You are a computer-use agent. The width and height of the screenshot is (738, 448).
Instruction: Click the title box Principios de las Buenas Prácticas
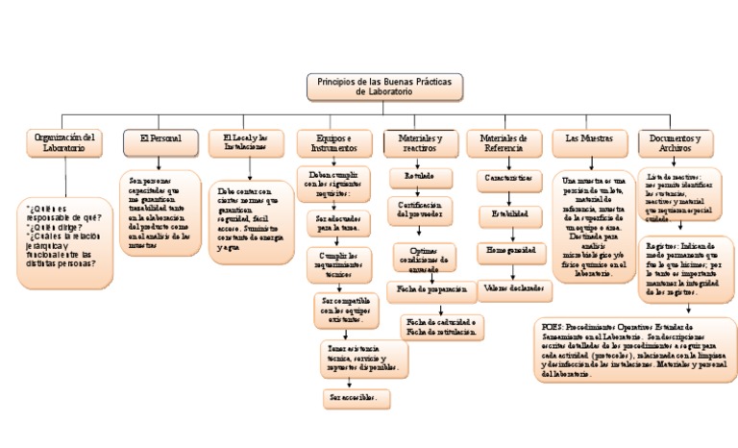(x=383, y=87)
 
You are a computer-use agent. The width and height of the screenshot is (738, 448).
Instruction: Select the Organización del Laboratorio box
(x=62, y=142)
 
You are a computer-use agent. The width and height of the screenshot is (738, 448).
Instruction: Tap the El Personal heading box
(x=160, y=141)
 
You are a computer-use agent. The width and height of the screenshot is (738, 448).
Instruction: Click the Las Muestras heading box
(x=589, y=142)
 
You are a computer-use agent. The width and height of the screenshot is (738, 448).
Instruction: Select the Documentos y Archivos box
(x=675, y=143)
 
